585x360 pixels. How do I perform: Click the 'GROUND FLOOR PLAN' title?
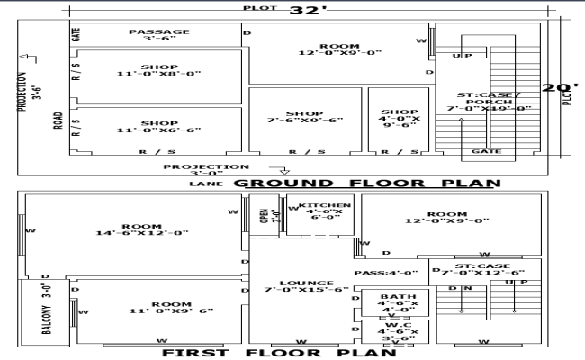[366, 184]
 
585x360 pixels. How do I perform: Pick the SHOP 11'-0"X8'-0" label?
[159, 69]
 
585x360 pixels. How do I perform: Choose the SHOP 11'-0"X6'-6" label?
[159, 127]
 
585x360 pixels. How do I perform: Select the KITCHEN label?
[325, 210]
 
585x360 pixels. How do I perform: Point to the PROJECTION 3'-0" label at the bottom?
[206, 170]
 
